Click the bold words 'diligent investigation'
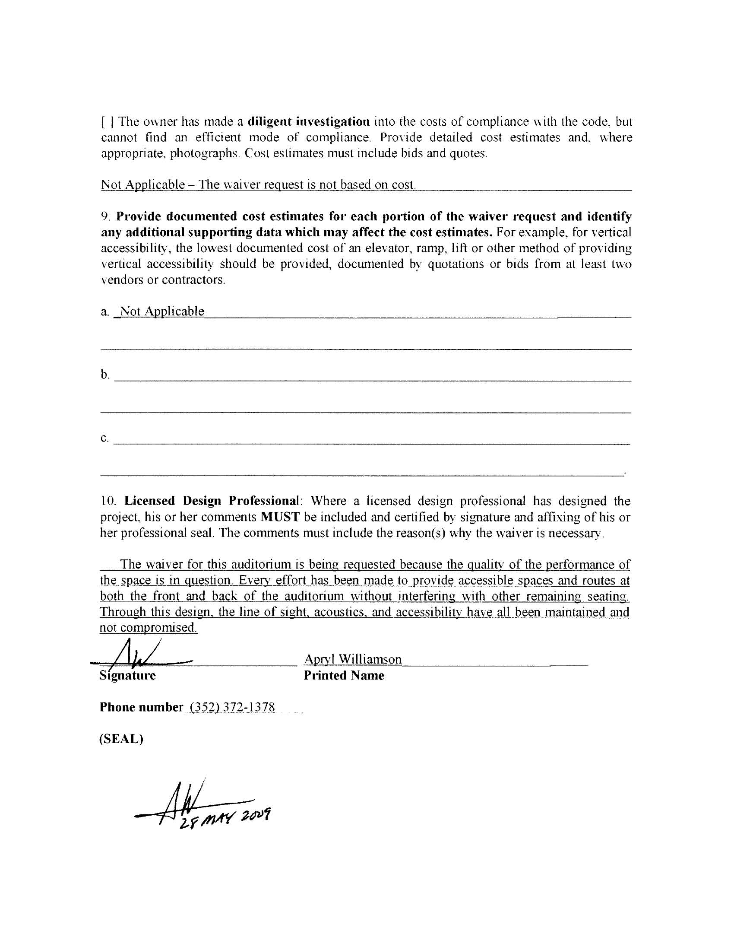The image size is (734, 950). point(309,121)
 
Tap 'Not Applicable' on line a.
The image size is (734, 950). point(162,311)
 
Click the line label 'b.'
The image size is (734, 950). point(105,375)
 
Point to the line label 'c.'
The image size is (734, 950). point(105,438)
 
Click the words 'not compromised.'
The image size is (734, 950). point(148,628)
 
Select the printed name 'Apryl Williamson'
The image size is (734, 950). point(353,659)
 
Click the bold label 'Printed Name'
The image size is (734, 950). point(344,676)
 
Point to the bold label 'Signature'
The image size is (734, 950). point(128,676)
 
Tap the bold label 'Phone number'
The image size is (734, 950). point(141,707)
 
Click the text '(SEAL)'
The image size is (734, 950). point(121,739)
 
